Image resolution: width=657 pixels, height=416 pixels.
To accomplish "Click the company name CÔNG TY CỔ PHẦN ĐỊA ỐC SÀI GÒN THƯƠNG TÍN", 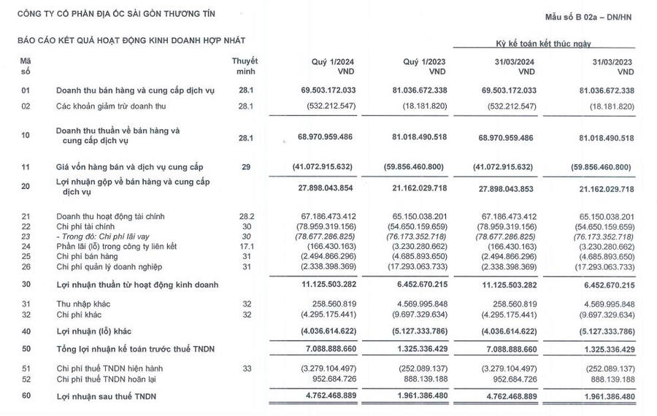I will (x=117, y=14).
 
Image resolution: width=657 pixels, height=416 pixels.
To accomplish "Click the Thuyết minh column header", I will (x=245, y=66).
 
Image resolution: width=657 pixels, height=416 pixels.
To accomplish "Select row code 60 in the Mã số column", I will (x=26, y=396).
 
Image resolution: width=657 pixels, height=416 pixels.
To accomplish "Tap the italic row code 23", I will (x=26, y=236).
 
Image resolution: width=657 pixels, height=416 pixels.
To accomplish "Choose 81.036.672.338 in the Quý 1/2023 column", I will (x=415, y=90).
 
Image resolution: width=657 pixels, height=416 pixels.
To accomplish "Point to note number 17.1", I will (x=246, y=247).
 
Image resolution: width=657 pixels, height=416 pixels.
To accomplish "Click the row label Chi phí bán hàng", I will (x=88, y=257).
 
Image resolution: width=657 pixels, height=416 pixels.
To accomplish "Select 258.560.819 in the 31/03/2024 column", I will (x=508, y=304).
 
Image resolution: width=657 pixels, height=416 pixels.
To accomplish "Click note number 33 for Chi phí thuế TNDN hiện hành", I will (x=246, y=369).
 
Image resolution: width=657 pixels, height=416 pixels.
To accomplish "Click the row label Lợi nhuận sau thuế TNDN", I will (x=108, y=396).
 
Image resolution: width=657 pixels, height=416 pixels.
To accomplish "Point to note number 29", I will (x=246, y=167).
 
